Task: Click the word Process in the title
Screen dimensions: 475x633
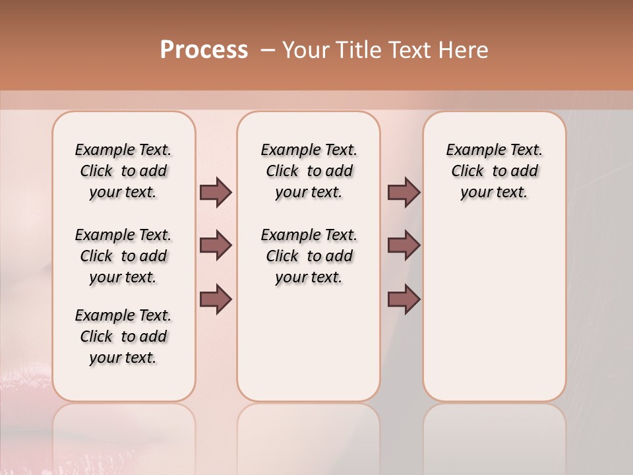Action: (x=204, y=50)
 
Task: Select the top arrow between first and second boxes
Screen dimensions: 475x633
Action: (x=216, y=193)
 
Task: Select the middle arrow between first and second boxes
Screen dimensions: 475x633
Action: (x=216, y=246)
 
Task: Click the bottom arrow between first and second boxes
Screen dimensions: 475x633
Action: (x=216, y=300)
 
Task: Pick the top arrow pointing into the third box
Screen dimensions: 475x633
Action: (x=404, y=193)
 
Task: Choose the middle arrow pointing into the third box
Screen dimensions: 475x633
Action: (x=404, y=246)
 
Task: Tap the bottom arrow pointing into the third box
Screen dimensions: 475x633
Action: (x=404, y=300)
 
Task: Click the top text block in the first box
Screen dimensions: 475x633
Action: (x=123, y=171)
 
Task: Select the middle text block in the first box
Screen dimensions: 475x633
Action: (x=123, y=256)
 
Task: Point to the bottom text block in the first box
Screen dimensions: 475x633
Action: (x=123, y=336)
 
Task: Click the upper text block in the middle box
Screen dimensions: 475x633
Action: (x=309, y=171)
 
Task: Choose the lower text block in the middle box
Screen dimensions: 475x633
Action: (x=309, y=256)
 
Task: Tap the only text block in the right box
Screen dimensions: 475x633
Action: (x=494, y=171)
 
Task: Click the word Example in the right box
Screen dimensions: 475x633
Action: (x=471, y=150)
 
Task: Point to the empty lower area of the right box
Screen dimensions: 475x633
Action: (x=494, y=310)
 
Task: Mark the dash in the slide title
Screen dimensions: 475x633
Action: (x=268, y=50)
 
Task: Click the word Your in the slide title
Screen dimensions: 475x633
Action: (x=304, y=50)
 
